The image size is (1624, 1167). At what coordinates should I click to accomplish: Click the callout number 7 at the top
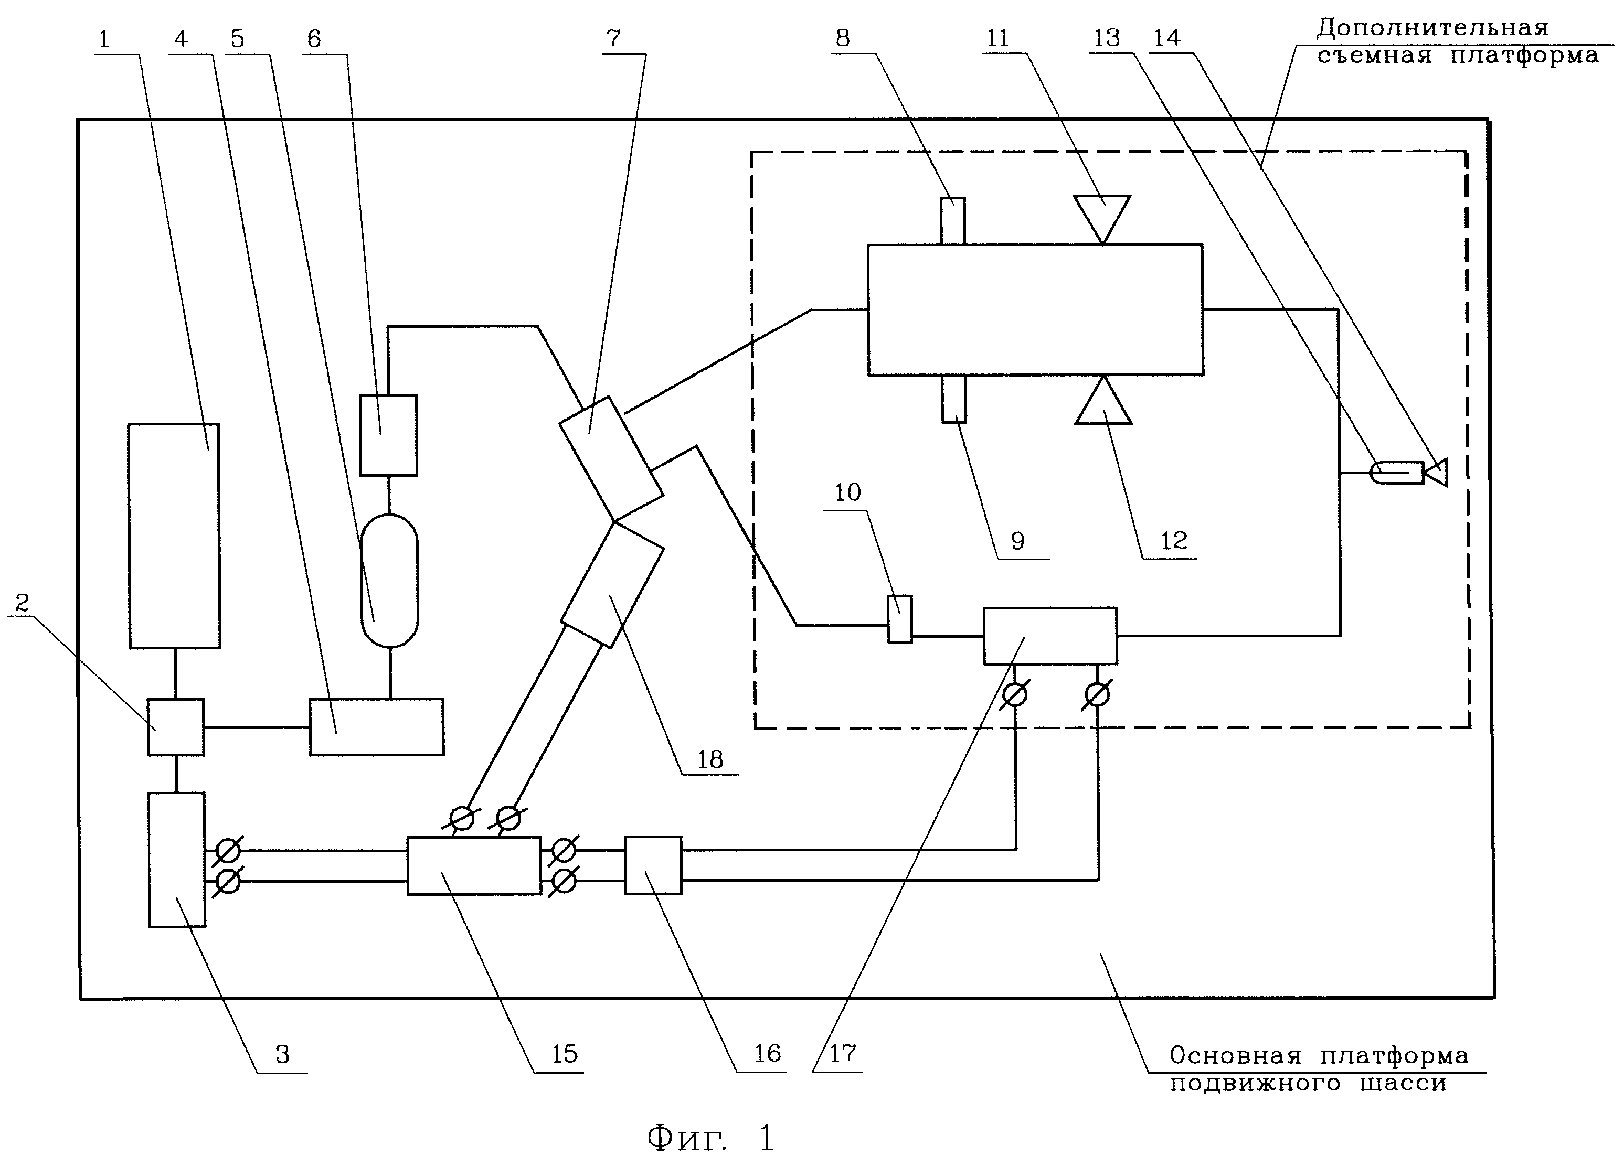(613, 38)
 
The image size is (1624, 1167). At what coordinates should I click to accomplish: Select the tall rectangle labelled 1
(174, 536)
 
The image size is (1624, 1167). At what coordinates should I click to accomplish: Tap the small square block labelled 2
(175, 727)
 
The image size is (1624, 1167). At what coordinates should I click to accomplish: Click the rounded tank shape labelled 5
(389, 581)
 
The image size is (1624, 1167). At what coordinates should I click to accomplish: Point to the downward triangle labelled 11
(1102, 218)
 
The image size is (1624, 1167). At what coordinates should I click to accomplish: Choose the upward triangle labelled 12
(1103, 401)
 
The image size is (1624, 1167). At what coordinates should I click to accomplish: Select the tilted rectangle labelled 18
(612, 584)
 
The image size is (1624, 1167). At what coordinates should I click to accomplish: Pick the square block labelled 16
(653, 865)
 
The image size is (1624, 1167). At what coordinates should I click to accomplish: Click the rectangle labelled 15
(474, 865)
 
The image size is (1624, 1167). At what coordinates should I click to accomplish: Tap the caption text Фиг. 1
(710, 1138)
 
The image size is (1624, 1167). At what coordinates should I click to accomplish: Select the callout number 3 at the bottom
(283, 1054)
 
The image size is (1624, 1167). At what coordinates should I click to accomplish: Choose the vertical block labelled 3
(176, 859)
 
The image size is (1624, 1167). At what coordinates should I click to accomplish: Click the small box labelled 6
(388, 435)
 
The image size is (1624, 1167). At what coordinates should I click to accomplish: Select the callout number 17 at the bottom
(843, 1053)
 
